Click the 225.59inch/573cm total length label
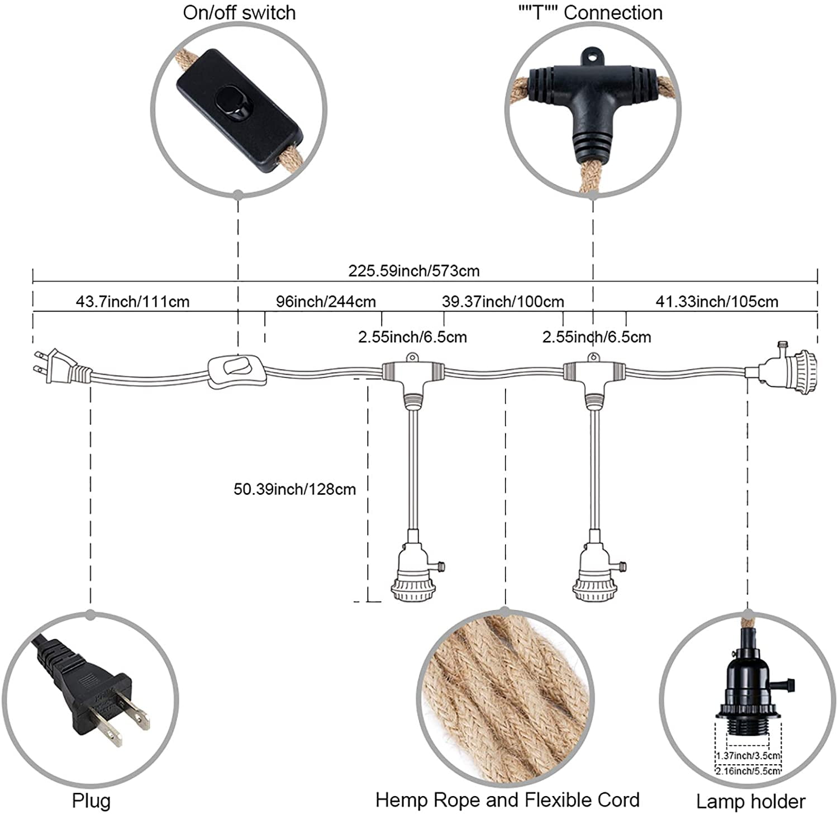tap(414, 271)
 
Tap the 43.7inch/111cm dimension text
tap(132, 302)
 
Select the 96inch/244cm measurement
tap(326, 302)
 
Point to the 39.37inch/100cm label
tap(503, 302)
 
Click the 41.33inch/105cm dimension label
tap(717, 302)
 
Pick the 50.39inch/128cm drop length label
tap(294, 489)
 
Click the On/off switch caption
tap(239, 13)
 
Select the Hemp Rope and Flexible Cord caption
tap(507, 800)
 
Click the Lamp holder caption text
tap(751, 801)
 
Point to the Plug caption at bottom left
tap(91, 801)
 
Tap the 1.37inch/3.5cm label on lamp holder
tap(748, 756)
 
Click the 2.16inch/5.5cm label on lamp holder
tap(748, 771)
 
